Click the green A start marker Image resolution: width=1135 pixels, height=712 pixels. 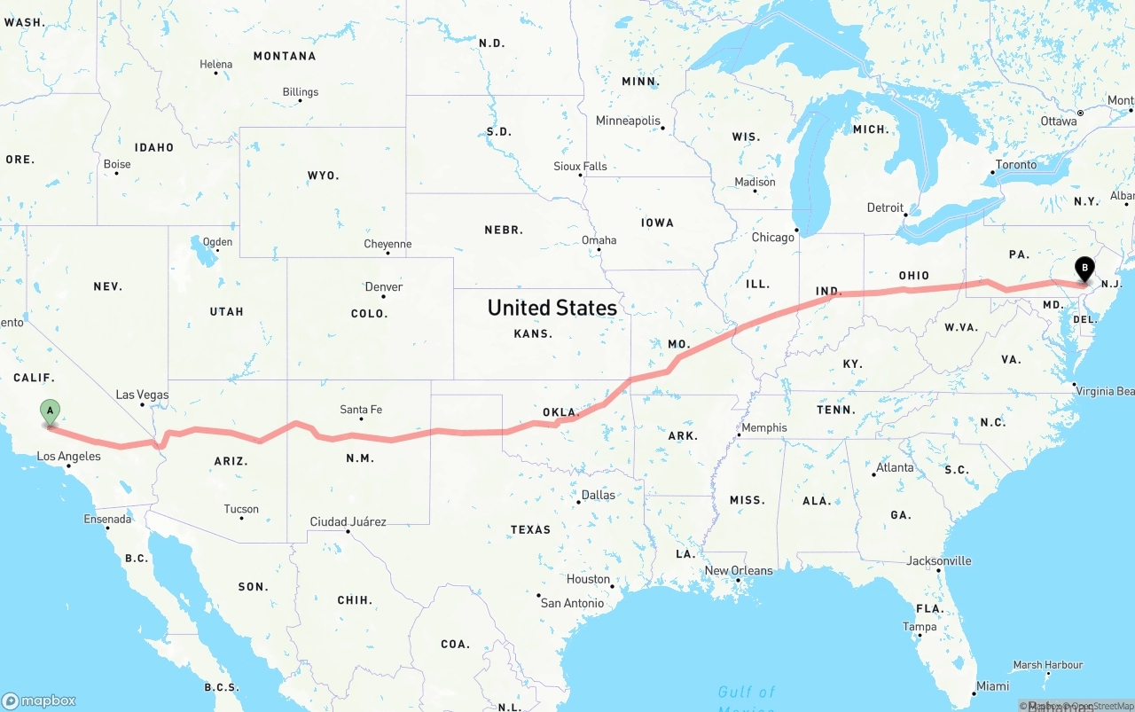click(51, 411)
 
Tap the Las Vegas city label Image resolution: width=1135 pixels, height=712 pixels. click(142, 395)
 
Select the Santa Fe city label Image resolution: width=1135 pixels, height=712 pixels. click(361, 410)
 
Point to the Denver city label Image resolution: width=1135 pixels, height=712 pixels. click(384, 286)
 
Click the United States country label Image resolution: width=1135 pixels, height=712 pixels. click(552, 308)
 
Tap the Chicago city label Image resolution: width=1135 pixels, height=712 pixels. click(773, 238)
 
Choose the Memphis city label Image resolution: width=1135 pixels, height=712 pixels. click(763, 427)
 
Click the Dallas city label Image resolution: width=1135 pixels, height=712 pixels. click(599, 495)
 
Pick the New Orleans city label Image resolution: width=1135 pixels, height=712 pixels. click(739, 570)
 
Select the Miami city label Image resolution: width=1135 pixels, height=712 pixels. click(992, 685)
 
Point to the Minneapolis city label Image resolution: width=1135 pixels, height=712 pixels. click(628, 121)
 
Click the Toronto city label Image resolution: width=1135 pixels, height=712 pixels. click(1015, 165)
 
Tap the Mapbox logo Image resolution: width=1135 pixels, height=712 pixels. click(39, 700)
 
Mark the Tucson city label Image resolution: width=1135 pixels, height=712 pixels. click(241, 509)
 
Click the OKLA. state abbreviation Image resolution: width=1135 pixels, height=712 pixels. click(560, 412)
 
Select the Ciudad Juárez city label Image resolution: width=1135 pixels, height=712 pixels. click(348, 521)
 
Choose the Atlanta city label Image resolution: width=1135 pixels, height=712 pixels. click(895, 467)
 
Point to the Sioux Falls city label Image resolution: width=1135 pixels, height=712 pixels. click(580, 166)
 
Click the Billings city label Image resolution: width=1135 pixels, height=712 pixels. click(301, 92)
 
